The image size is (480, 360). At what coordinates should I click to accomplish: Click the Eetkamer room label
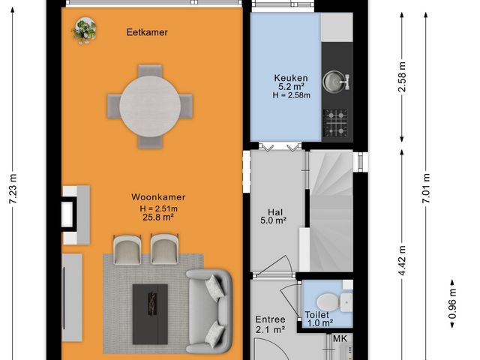click(146, 32)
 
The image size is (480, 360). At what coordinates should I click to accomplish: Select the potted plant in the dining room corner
click(84, 30)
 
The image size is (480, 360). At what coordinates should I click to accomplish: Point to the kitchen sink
click(334, 79)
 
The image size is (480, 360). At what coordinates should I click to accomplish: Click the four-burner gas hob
click(335, 123)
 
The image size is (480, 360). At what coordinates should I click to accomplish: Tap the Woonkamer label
click(157, 197)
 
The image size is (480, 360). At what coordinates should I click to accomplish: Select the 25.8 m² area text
click(157, 217)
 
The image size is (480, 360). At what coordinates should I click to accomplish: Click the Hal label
click(274, 212)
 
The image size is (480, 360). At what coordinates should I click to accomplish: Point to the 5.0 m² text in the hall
click(274, 222)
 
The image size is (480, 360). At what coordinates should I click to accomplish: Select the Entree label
click(269, 319)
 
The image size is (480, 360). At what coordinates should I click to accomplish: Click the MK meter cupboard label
click(340, 339)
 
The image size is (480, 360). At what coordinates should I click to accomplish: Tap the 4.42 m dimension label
click(403, 260)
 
